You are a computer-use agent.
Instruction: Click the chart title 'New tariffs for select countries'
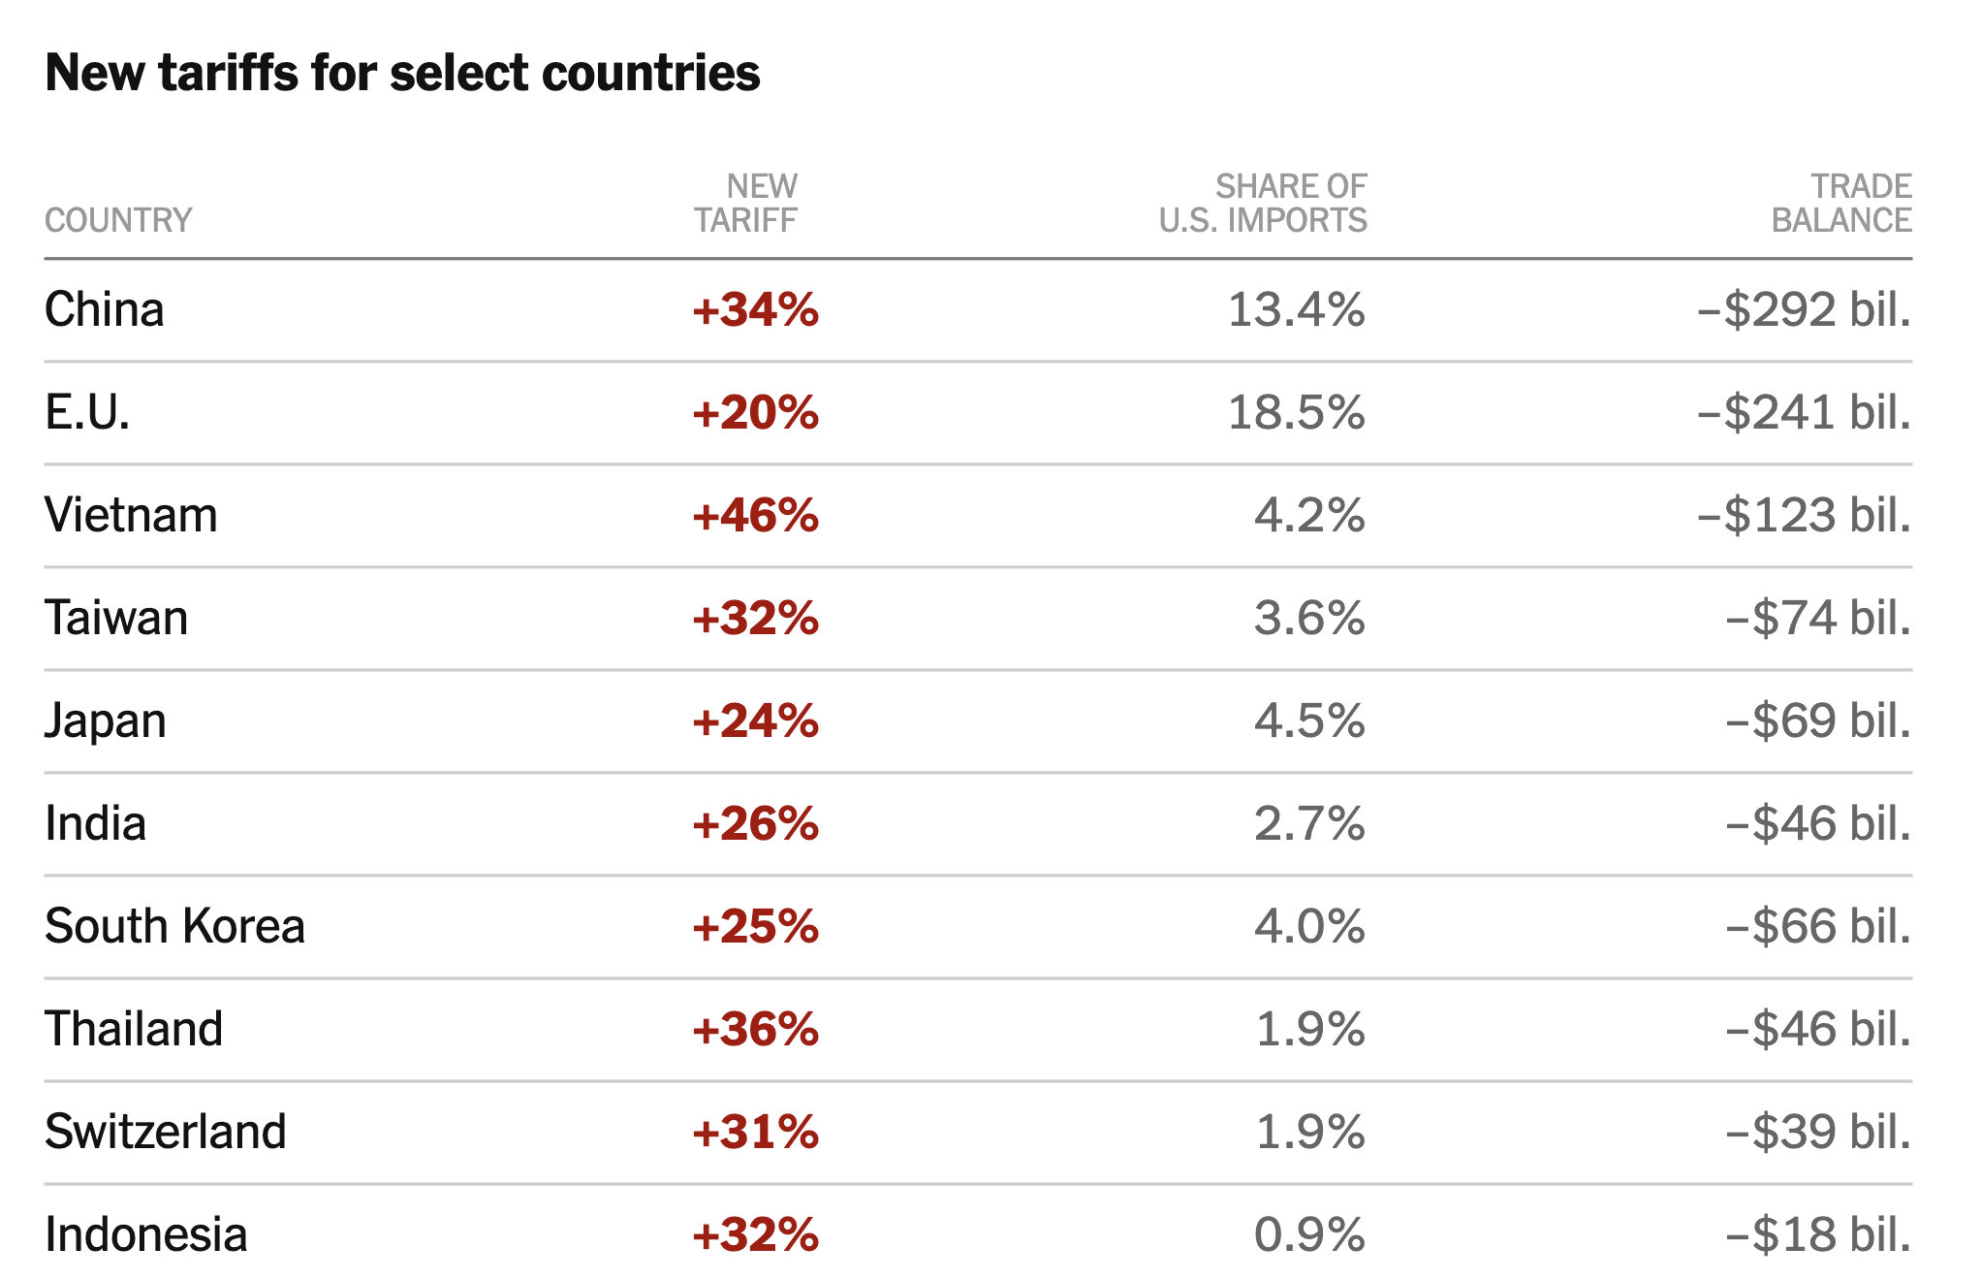click(x=402, y=73)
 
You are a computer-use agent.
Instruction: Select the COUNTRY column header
click(x=118, y=220)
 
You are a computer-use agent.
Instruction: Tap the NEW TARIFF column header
click(x=745, y=204)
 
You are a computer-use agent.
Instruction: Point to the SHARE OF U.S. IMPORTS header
click(x=1263, y=204)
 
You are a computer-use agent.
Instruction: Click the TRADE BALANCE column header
click(x=1841, y=204)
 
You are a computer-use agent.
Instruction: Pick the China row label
click(x=105, y=310)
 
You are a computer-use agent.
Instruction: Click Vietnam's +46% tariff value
click(x=755, y=516)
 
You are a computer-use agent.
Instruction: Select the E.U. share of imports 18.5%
click(x=1296, y=413)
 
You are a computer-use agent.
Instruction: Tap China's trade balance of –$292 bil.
click(x=1804, y=310)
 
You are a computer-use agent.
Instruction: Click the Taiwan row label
click(x=116, y=619)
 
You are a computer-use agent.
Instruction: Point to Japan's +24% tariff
click(x=755, y=721)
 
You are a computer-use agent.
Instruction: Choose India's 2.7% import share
click(x=1309, y=824)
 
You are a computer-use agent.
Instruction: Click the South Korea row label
click(x=174, y=927)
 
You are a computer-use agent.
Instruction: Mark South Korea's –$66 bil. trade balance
click(x=1818, y=927)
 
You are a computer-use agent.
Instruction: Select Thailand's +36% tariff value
click(x=755, y=1030)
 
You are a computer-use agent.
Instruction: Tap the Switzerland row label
click(x=166, y=1133)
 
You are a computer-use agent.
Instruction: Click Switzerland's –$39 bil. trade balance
click(x=1818, y=1133)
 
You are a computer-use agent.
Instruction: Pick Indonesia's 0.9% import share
click(x=1309, y=1235)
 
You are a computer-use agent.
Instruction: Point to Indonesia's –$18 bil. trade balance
click(x=1818, y=1235)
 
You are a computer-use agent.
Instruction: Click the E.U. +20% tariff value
click(x=755, y=413)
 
